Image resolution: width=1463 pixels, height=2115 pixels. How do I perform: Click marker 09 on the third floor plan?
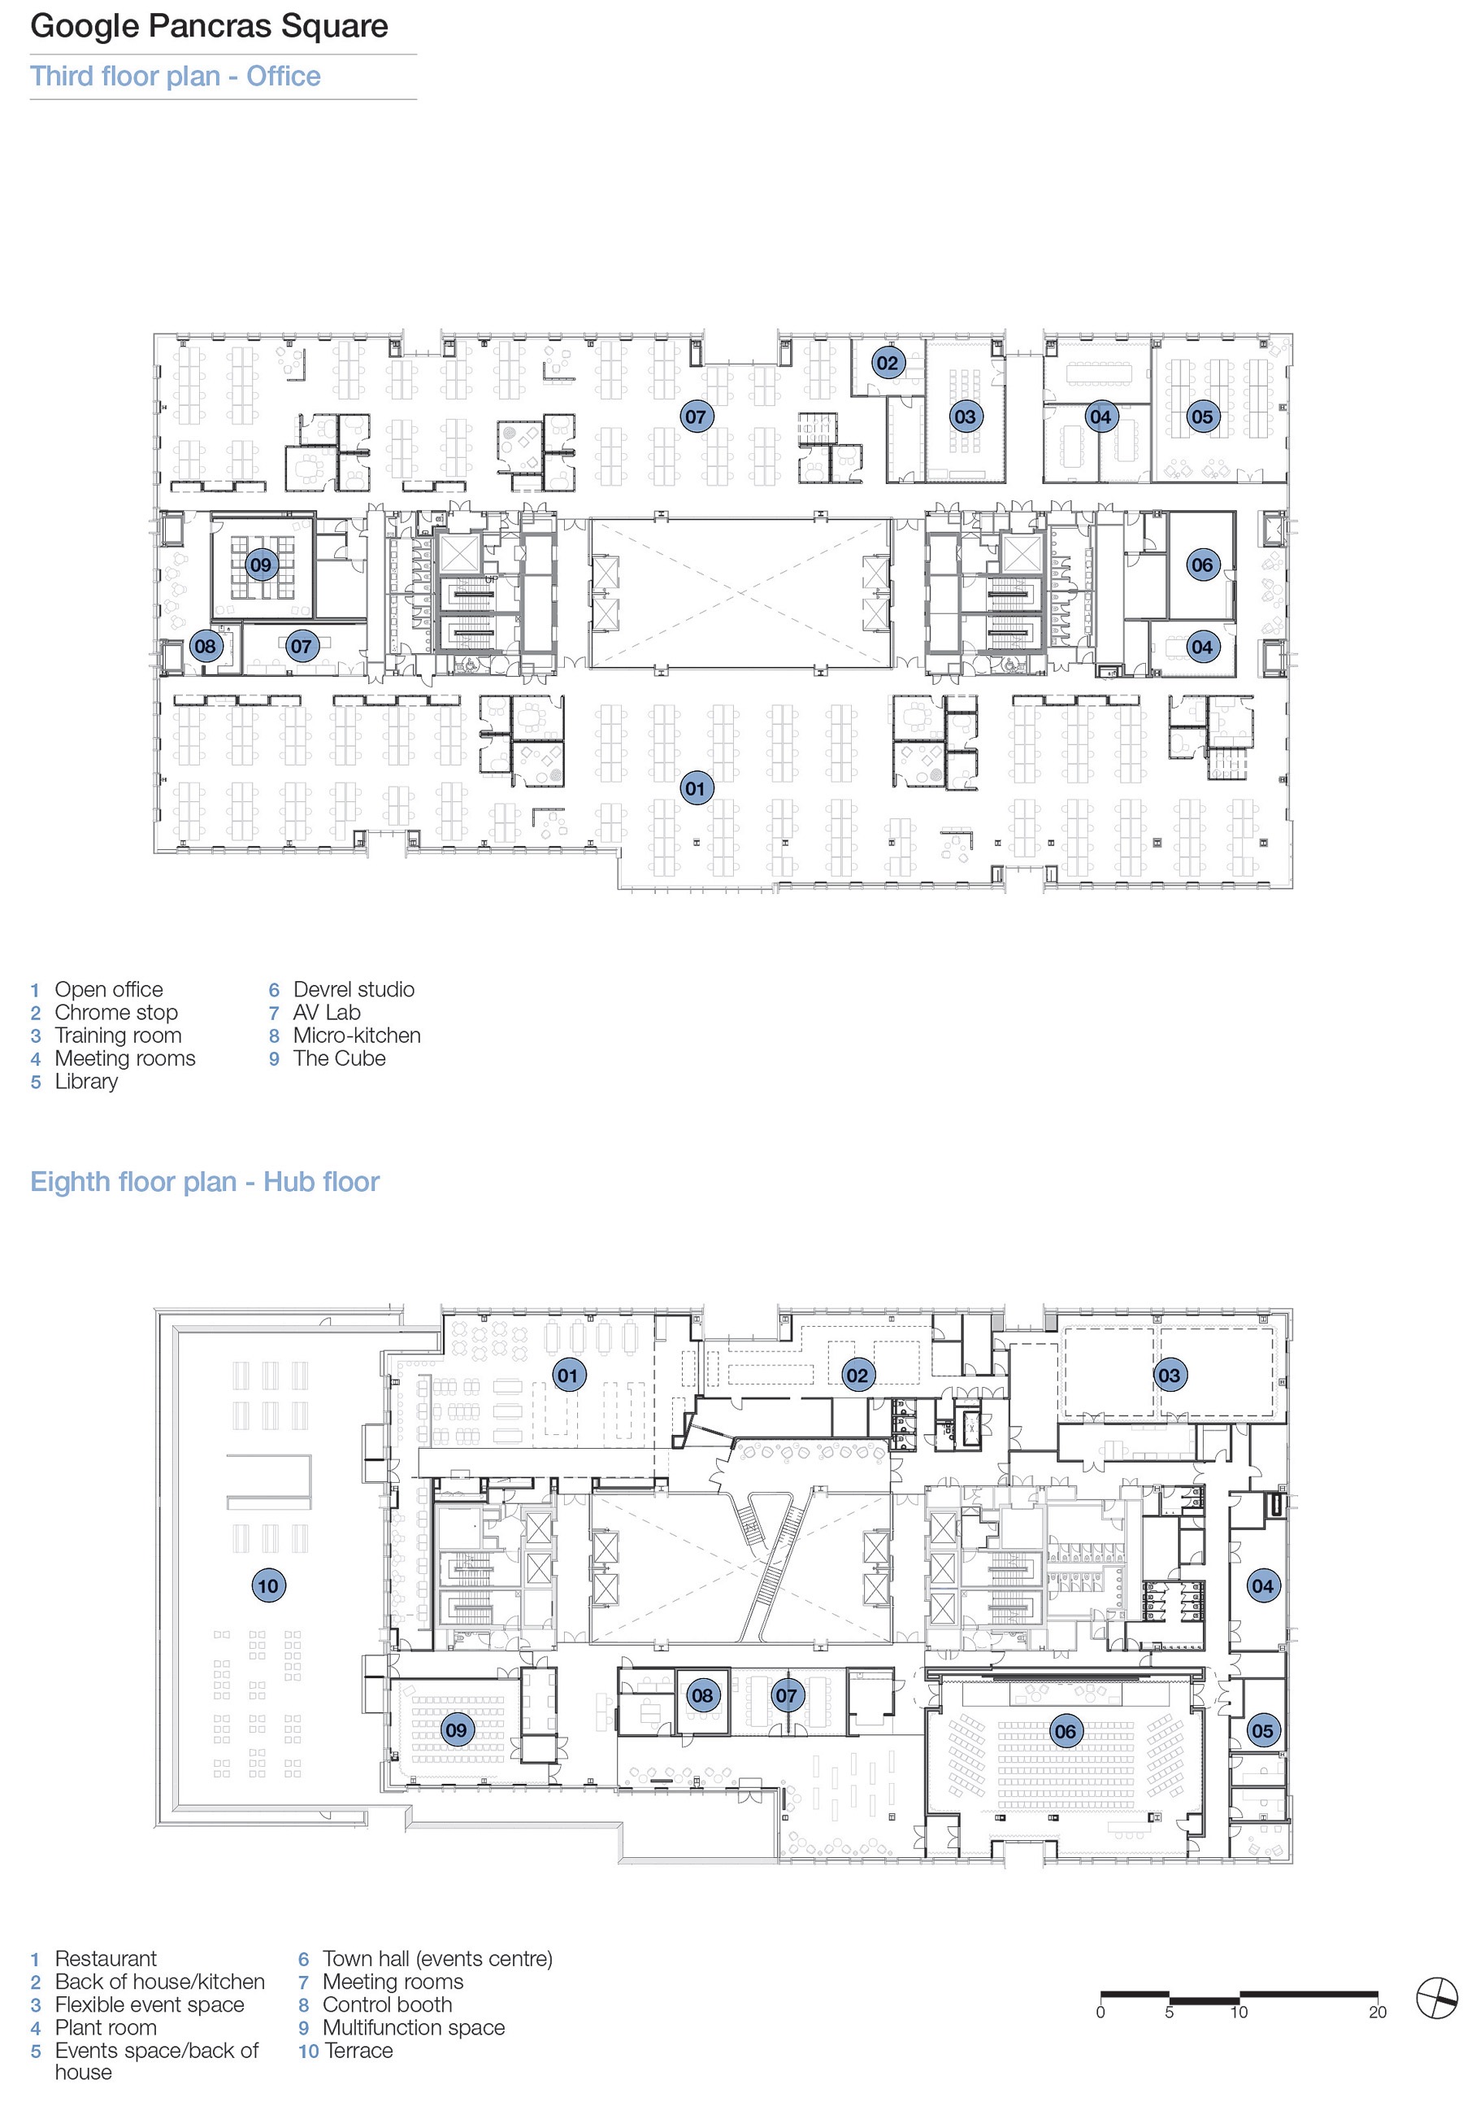click(x=261, y=565)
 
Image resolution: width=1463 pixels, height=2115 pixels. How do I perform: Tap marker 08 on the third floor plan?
click(x=206, y=646)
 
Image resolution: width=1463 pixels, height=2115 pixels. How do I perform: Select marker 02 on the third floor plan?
click(x=888, y=362)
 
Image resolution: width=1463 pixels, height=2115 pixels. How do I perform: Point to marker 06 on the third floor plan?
click(x=1202, y=565)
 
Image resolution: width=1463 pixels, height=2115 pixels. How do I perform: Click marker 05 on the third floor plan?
click(x=1202, y=416)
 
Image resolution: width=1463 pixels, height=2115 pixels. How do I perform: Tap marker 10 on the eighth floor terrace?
click(x=267, y=1585)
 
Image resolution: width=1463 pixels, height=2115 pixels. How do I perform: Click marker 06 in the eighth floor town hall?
click(x=1066, y=1732)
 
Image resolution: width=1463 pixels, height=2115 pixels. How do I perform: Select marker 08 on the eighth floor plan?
click(x=702, y=1695)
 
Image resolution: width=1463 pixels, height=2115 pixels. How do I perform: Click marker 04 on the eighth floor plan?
click(x=1262, y=1585)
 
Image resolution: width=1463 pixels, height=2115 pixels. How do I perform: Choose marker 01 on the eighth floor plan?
click(x=568, y=1375)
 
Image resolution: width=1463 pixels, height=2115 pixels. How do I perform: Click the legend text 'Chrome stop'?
click(x=116, y=1013)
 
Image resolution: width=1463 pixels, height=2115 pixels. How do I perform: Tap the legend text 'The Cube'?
click(x=339, y=1058)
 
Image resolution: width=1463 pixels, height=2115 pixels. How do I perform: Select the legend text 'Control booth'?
click(x=387, y=2004)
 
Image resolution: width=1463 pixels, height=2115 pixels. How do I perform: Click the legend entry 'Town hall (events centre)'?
click(x=437, y=1958)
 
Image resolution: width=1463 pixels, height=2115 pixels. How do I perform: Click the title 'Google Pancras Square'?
click(x=209, y=26)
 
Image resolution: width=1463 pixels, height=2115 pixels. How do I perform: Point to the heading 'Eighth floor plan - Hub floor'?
click(x=205, y=1181)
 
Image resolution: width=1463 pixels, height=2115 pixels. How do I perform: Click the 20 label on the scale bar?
click(x=1377, y=2013)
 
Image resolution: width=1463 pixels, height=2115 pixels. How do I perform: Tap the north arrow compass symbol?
click(x=1435, y=1999)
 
